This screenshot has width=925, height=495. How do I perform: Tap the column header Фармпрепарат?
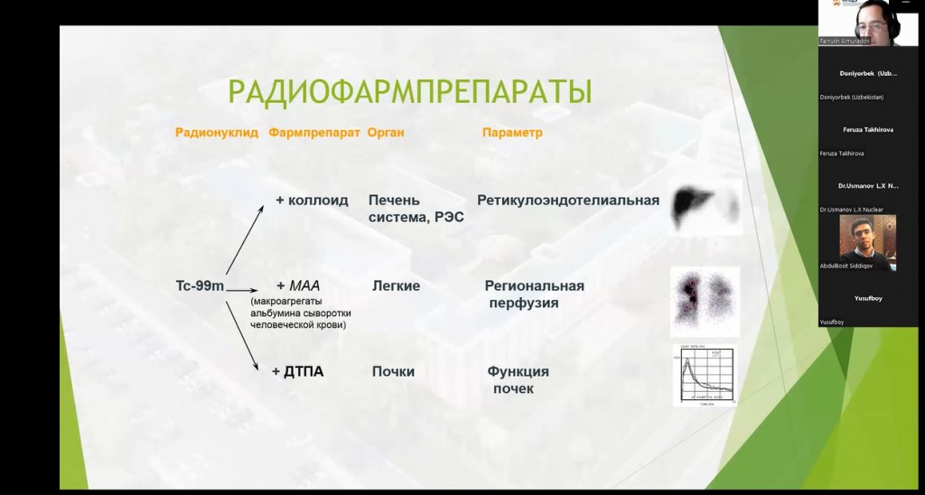(314, 133)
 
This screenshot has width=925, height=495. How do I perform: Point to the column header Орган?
(386, 133)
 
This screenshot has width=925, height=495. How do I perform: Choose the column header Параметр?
(512, 133)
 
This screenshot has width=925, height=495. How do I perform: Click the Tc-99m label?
(200, 285)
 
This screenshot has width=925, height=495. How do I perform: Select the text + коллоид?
(312, 201)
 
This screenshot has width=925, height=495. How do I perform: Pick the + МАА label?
(298, 285)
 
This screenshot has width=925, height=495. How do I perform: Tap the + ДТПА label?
(297, 371)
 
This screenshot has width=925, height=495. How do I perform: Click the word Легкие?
(396, 285)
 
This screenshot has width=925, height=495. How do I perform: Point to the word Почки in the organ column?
(393, 371)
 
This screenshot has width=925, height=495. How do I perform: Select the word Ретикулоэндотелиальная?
(568, 201)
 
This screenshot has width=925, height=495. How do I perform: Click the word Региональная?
(535, 285)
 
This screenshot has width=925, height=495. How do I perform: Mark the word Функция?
(519, 371)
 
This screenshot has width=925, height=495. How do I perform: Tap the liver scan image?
(705, 207)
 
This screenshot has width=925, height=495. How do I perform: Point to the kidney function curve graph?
(705, 375)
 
